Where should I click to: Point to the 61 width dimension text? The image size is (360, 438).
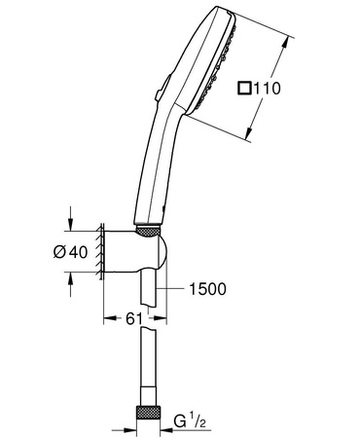[135, 318]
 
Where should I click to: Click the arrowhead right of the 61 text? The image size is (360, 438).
[165, 318]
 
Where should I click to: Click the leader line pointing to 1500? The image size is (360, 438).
[174, 288]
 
